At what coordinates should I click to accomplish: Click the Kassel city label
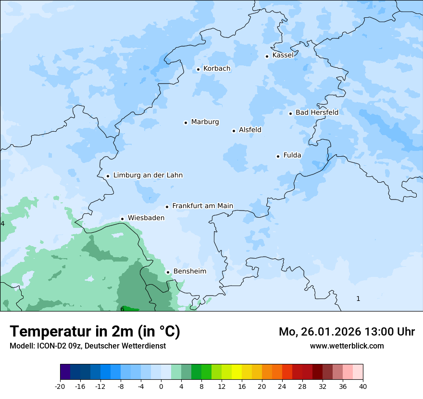[283, 55]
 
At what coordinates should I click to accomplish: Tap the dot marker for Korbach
[198, 69]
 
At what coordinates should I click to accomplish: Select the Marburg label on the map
[205, 122]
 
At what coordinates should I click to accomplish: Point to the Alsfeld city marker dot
[234, 131]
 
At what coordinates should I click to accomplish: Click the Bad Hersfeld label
[317, 112]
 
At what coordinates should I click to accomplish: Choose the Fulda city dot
[278, 156]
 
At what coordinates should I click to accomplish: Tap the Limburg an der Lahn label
[148, 175]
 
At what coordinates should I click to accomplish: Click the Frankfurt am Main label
[202, 206]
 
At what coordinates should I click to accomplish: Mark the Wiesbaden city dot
[123, 219]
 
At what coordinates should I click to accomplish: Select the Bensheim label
[189, 272]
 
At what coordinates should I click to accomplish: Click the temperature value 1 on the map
[358, 299]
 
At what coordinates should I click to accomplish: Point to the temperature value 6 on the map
[122, 309]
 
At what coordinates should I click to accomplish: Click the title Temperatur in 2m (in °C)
[95, 332]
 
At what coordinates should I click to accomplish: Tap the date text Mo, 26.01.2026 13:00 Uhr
[347, 332]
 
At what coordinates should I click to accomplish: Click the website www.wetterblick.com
[347, 346]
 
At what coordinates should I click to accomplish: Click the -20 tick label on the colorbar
[60, 387]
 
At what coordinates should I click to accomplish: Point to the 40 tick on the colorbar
[362, 387]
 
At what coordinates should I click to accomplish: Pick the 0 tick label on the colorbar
[161, 387]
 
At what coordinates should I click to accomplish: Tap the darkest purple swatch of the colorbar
[65, 372]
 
